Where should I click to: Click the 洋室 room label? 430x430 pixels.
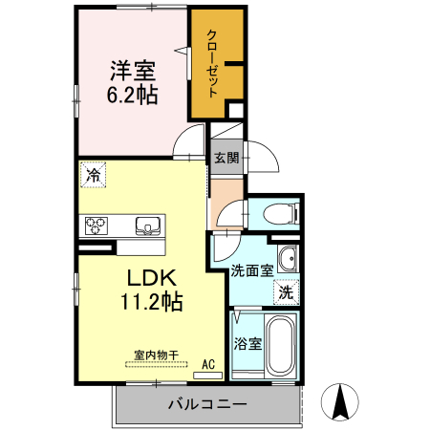133,71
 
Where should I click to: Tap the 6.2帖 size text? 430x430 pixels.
132,95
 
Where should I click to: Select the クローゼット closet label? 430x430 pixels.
212,63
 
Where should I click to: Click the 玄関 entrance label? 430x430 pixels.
226,158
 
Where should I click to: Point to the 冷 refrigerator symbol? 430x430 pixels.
93,175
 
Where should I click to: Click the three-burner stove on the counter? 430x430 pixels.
97,226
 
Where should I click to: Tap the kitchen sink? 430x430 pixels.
148,226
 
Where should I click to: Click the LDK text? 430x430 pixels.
152,278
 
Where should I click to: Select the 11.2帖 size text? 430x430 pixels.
151,301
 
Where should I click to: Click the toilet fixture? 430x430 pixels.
281,214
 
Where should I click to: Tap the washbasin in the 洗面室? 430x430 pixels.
288,258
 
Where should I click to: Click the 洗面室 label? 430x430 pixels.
252,270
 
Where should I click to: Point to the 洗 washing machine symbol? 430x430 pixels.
287,292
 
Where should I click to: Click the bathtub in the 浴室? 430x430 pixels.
280,346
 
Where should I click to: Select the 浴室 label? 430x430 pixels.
247,344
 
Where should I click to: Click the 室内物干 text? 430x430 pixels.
156,355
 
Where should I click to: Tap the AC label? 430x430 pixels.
208,364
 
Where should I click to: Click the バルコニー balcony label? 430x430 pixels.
207,404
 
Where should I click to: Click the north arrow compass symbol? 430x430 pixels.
340,401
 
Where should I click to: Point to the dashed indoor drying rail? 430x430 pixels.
157,364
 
